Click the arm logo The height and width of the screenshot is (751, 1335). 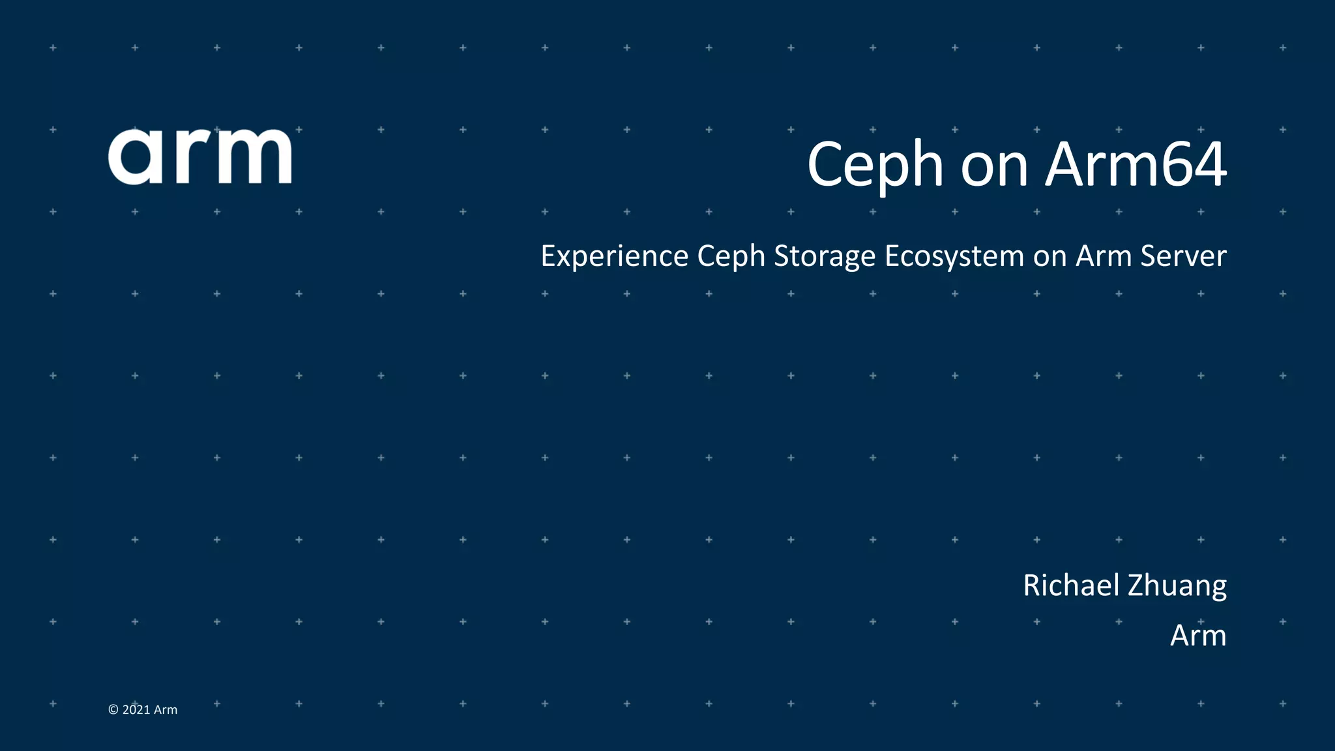tap(199, 156)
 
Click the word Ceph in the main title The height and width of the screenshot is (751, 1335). tap(875, 166)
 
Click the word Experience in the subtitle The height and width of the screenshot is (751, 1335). tap(614, 256)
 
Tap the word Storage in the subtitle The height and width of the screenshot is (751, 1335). tap(824, 256)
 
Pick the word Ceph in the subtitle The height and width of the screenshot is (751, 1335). tap(731, 256)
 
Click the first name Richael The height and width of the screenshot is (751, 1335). tap(1071, 585)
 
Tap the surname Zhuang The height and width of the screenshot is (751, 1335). tap(1177, 586)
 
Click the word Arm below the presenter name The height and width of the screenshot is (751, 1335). tap(1198, 636)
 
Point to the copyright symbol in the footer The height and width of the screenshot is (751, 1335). tap(113, 710)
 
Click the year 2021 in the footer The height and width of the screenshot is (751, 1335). tap(136, 710)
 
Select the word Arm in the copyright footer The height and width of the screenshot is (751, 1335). tap(166, 710)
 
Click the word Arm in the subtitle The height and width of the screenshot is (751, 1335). tap(1104, 256)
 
